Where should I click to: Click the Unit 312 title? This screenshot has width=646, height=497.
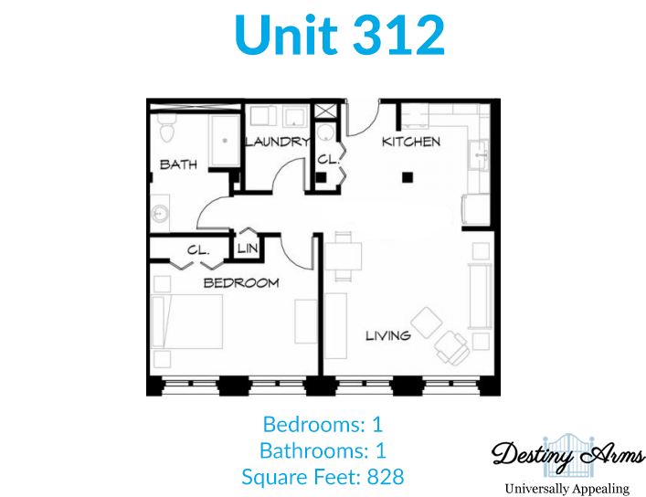click(340, 35)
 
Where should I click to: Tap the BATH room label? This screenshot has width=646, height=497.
click(178, 164)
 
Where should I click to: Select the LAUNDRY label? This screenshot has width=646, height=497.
click(277, 142)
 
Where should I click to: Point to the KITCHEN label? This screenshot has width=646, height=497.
click(411, 142)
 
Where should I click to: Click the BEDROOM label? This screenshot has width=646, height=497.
click(241, 282)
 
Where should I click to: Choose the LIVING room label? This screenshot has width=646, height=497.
click(388, 335)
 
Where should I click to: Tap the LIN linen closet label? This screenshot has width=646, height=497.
click(248, 248)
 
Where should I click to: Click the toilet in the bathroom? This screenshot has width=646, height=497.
click(167, 127)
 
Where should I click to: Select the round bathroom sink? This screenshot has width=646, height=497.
click(159, 214)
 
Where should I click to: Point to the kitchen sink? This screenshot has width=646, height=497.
click(479, 155)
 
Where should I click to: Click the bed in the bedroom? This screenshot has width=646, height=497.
click(187, 322)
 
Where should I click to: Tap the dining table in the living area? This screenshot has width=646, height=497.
click(344, 257)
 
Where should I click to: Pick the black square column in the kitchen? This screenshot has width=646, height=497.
click(408, 177)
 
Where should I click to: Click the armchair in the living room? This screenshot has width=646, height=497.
click(452, 347)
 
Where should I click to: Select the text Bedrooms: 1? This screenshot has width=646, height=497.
click(323, 424)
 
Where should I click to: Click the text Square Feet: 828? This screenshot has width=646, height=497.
click(323, 477)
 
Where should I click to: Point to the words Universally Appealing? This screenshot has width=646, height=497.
click(567, 489)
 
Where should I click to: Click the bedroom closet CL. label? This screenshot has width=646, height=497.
click(198, 250)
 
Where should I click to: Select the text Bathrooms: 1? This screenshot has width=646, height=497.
click(323, 450)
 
